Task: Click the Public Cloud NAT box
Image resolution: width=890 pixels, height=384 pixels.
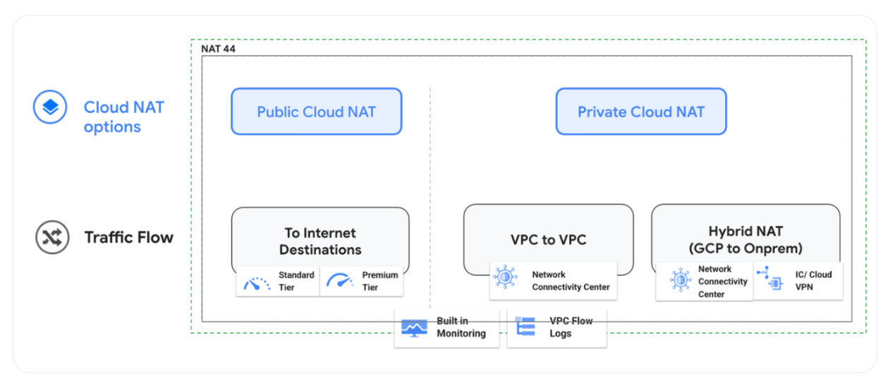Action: (x=316, y=112)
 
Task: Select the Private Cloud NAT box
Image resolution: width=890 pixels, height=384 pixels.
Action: (x=640, y=112)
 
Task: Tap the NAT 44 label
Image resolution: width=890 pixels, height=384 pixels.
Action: (x=219, y=48)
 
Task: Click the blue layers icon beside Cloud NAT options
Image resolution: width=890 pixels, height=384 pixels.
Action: (x=50, y=108)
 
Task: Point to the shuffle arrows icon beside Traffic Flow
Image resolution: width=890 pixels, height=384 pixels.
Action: (x=52, y=237)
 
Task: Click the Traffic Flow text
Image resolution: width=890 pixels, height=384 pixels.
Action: (x=128, y=237)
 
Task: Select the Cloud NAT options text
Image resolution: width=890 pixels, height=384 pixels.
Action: (x=123, y=117)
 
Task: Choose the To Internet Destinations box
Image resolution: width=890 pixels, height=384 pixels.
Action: (x=320, y=240)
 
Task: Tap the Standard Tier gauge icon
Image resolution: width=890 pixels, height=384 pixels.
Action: (x=256, y=282)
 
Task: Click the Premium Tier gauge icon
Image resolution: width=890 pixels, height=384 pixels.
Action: (x=339, y=281)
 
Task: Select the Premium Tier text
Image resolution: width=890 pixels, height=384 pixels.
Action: (x=379, y=281)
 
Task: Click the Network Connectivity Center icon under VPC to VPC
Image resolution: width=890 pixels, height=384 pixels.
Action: (x=505, y=277)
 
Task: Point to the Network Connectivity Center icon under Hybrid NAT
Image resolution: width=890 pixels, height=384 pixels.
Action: (x=680, y=280)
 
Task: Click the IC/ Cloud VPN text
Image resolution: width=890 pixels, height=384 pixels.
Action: (x=813, y=281)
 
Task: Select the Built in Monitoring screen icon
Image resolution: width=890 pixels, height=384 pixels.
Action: (x=414, y=327)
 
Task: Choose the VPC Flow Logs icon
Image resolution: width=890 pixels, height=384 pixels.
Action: (x=525, y=326)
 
